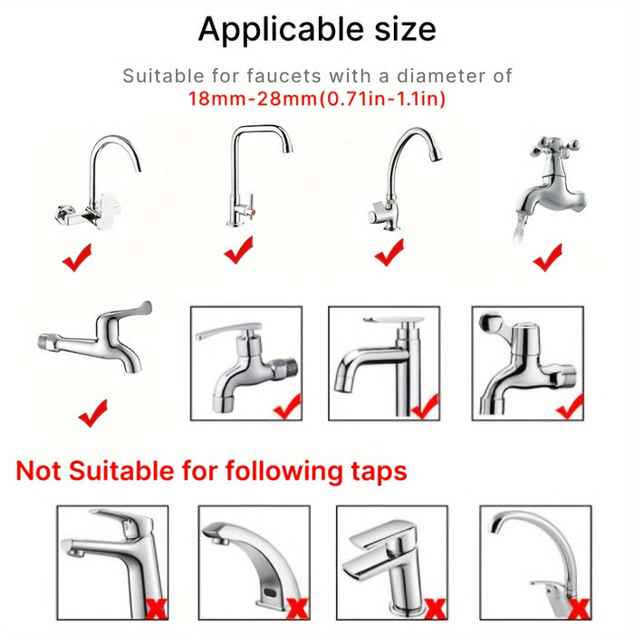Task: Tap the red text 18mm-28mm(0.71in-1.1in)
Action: pos(317,98)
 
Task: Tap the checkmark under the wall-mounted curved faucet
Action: pos(77,257)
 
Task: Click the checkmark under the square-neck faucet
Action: pos(238,250)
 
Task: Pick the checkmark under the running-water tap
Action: pos(548,257)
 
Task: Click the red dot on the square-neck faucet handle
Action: pos(252,211)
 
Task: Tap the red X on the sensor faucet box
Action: pos(297,609)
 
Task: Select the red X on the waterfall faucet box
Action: pos(436,609)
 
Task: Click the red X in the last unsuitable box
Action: pos(579,609)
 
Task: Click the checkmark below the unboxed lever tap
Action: pos(93,413)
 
